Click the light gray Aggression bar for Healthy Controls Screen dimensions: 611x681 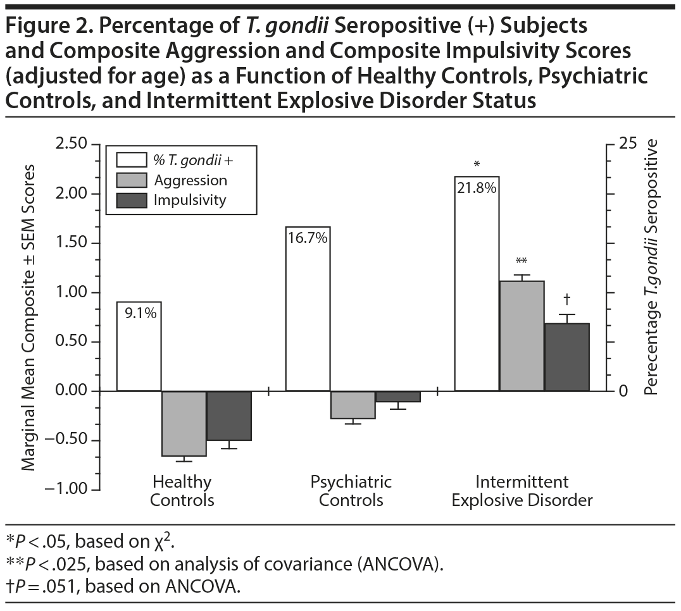184,423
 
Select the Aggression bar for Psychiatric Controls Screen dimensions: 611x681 353,405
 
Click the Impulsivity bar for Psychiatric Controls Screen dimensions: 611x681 398,397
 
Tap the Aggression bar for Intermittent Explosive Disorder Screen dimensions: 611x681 522,336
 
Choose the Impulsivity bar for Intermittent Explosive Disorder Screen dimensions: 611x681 567,357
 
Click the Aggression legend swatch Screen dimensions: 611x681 131,180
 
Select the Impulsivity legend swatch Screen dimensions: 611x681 131,200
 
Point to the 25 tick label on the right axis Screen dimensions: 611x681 627,144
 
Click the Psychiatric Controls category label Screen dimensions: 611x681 351,491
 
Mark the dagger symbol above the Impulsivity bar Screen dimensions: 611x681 567,299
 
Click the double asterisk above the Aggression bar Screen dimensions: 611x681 522,261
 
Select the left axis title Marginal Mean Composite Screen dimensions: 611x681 29,316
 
